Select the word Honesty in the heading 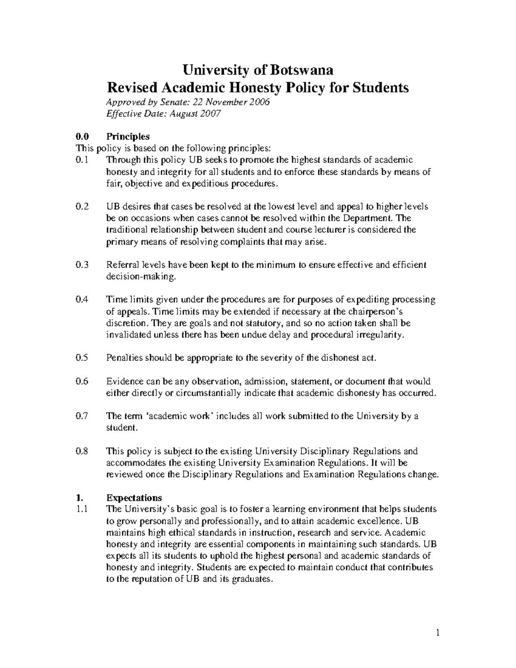click(x=256, y=88)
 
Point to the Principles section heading click(x=128, y=136)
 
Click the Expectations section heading click(x=134, y=498)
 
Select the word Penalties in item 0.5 click(x=124, y=358)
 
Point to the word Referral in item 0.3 click(x=122, y=265)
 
